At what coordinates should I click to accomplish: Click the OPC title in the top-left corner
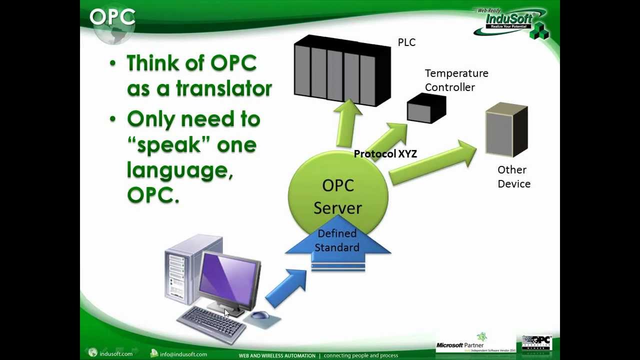point(112,17)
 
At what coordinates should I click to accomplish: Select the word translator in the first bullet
point(223,89)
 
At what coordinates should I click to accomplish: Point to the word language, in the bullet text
point(180,170)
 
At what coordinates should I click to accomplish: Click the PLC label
point(406,42)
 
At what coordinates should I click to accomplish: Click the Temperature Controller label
point(456,80)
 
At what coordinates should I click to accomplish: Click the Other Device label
point(513,177)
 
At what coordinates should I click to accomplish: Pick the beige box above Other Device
point(506,130)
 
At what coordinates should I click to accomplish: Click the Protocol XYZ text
point(385,154)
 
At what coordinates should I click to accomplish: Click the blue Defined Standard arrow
point(337,245)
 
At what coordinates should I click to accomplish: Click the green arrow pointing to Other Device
point(432,162)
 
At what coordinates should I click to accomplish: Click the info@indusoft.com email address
point(183,354)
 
